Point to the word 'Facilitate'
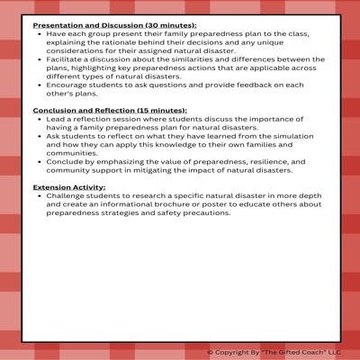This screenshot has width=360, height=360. pos(64,59)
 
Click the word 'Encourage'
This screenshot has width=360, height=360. pos(68,85)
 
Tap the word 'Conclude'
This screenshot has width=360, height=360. pos(65,160)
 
